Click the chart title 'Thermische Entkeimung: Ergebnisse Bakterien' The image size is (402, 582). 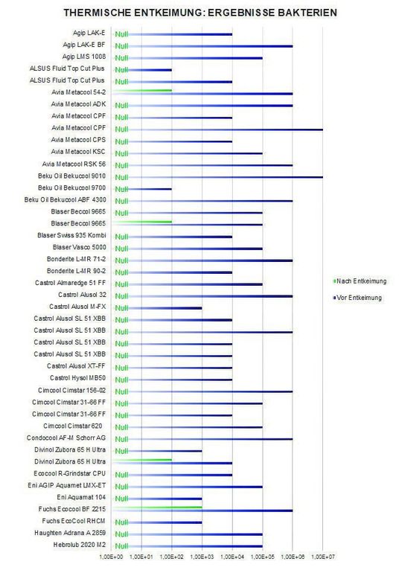(x=200, y=13)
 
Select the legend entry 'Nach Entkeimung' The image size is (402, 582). (x=363, y=281)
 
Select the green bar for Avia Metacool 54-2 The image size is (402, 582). (x=142, y=90)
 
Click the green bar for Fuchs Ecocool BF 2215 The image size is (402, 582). (x=157, y=507)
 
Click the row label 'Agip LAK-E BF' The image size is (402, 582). (x=84, y=45)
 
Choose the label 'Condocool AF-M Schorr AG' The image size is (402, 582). (x=66, y=438)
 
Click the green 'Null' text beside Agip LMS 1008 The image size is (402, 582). (x=121, y=58)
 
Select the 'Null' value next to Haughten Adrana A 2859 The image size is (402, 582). (x=121, y=534)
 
